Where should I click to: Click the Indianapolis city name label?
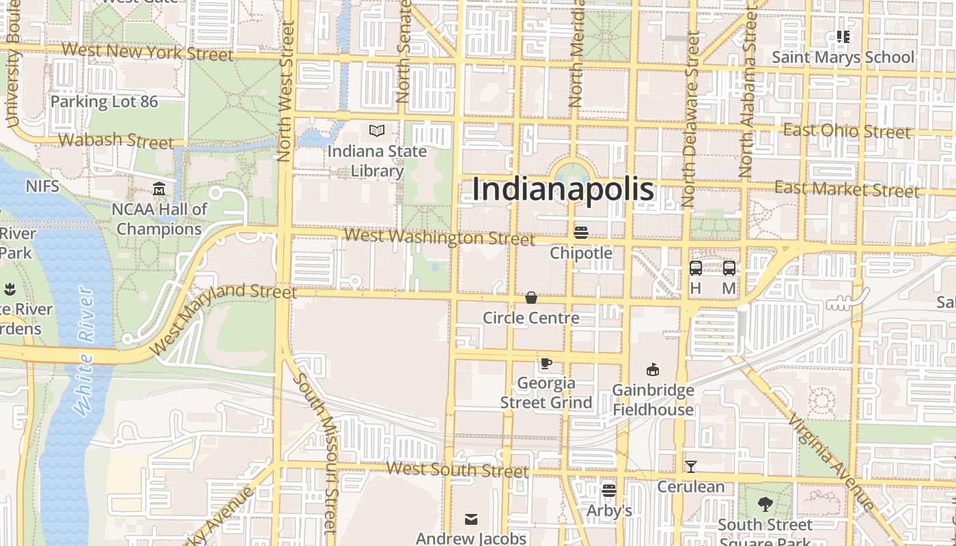tap(563, 189)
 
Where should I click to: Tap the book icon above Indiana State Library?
tap(376, 130)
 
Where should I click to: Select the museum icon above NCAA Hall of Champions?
tap(159, 188)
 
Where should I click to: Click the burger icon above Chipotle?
tap(581, 232)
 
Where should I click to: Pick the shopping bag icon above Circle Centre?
tap(531, 298)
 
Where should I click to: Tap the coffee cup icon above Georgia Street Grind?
tap(546, 363)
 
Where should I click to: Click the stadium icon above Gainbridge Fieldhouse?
tap(653, 370)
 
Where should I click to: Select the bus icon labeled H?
tap(696, 268)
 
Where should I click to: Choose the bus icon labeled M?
tap(729, 268)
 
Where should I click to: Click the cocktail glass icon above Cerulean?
tap(691, 467)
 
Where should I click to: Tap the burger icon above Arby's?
tap(609, 490)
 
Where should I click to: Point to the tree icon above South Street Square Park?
tap(765, 505)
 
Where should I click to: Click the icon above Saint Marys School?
tap(843, 37)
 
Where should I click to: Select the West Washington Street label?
tap(440, 238)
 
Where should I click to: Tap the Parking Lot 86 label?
tap(104, 102)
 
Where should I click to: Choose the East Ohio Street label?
tap(847, 130)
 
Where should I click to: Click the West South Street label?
tap(458, 470)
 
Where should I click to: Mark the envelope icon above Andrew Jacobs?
tap(471, 519)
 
